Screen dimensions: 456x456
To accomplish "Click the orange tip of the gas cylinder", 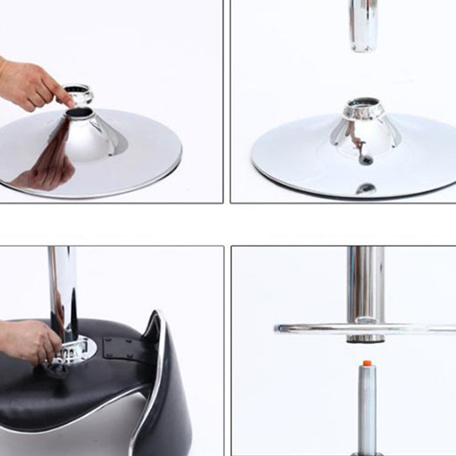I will [x=367, y=363].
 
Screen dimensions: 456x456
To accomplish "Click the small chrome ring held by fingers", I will [x=78, y=92].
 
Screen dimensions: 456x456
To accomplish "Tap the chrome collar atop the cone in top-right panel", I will [x=364, y=109].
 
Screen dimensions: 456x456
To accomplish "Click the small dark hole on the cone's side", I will [x=365, y=160].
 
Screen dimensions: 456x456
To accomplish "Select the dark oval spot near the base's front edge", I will [x=365, y=189].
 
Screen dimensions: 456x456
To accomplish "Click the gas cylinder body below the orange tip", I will [x=367, y=405].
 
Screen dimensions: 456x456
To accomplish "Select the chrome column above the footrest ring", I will [x=365, y=282].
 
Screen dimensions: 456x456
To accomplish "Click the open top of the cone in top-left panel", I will [x=79, y=113].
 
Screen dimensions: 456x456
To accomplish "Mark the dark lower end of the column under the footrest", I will [x=365, y=339].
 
